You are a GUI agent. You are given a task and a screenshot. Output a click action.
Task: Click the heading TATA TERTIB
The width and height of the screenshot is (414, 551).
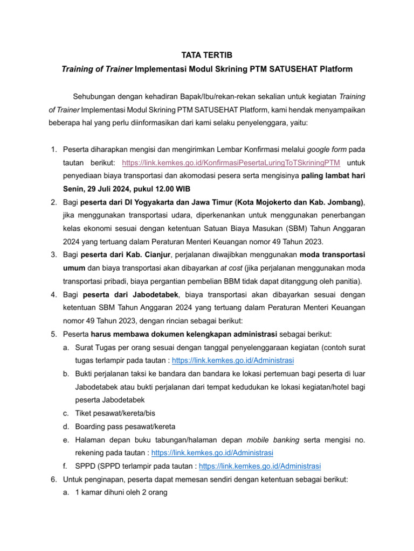pos(207,55)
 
